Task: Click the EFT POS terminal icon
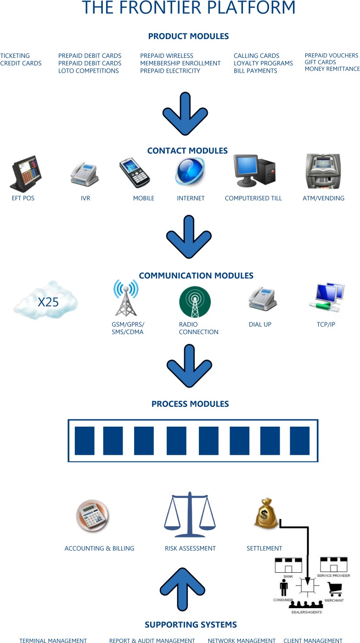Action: (26, 174)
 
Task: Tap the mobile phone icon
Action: (135, 173)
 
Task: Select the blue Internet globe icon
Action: (190, 172)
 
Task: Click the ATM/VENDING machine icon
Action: (323, 171)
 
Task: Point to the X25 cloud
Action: (46, 300)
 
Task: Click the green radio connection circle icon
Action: (195, 302)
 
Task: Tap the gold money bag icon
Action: (266, 513)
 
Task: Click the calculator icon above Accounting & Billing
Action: (92, 515)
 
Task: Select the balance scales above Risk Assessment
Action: (190, 514)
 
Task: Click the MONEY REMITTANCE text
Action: (332, 69)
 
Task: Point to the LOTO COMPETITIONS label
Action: (89, 71)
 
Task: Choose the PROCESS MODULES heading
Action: (190, 404)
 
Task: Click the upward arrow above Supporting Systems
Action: (183, 589)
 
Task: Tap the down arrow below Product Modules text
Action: (185, 114)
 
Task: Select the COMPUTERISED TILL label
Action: (253, 198)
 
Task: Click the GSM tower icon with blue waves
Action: (126, 298)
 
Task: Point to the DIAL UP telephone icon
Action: (263, 299)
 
